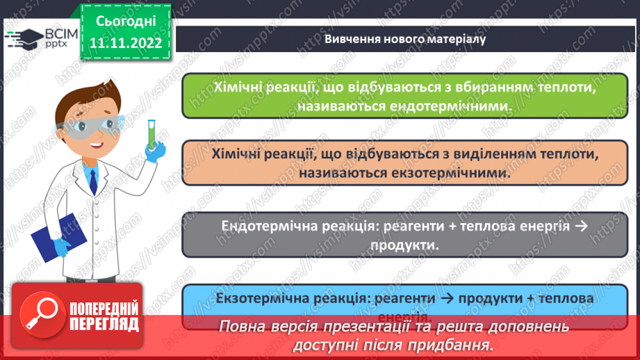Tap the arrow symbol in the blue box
(448, 297)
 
